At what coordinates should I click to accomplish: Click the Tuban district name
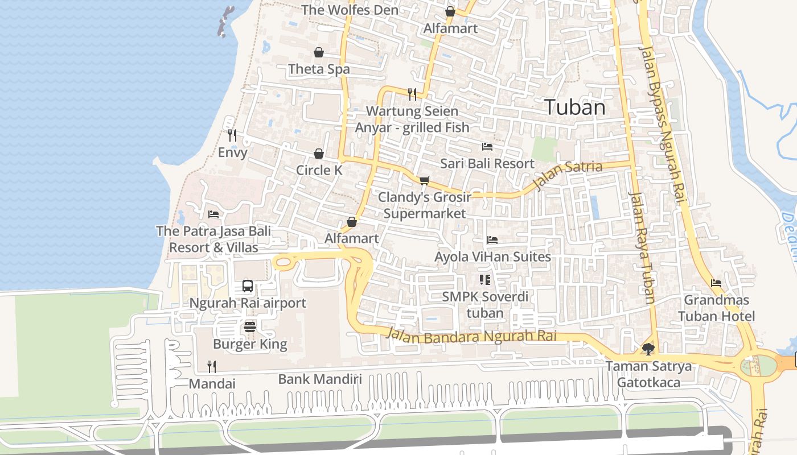click(x=575, y=107)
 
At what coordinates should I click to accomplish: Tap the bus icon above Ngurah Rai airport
click(x=248, y=286)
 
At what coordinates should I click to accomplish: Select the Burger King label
click(x=250, y=344)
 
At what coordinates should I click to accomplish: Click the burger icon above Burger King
click(x=250, y=326)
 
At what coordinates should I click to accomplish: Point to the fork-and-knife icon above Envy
click(x=232, y=135)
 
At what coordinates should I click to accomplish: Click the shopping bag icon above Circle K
click(x=319, y=154)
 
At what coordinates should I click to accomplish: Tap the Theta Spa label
click(x=319, y=69)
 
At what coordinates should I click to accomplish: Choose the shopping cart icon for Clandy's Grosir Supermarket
click(x=424, y=180)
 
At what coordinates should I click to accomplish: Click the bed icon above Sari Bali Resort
click(x=487, y=146)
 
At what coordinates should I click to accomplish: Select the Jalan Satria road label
click(x=568, y=175)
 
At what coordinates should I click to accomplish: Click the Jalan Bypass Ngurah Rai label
click(x=664, y=125)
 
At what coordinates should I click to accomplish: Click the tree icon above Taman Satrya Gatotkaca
click(x=648, y=348)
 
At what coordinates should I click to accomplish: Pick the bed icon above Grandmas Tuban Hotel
click(x=716, y=283)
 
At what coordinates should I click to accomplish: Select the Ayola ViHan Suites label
click(x=492, y=257)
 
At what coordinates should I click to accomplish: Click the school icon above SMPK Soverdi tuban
click(x=485, y=279)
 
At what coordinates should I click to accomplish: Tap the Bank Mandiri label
click(x=320, y=379)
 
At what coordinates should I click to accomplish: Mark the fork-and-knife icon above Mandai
click(x=212, y=366)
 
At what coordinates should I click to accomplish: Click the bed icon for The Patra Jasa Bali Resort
click(x=213, y=214)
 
